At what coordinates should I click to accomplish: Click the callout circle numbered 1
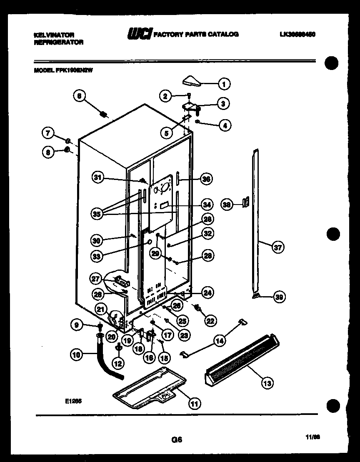(224, 84)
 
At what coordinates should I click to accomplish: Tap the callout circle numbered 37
(277, 247)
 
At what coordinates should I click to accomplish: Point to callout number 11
(193, 403)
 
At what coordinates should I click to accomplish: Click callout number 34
(207, 205)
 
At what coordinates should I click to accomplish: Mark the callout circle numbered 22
(210, 320)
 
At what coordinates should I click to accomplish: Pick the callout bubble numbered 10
(76, 355)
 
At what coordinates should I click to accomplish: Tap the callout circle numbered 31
(97, 178)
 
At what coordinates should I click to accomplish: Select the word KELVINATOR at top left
(54, 35)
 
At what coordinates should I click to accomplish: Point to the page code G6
(177, 439)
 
